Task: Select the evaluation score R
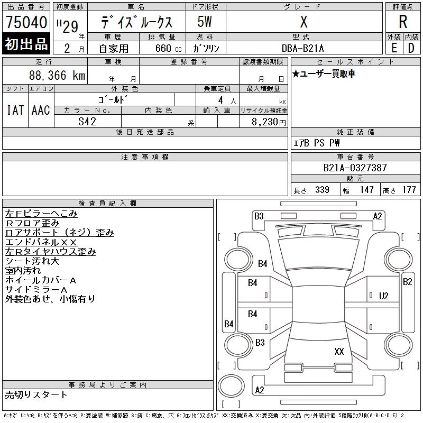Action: coord(403,22)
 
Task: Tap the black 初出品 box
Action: coord(26,44)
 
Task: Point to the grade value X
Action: coord(304,22)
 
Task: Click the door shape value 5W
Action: coord(205,22)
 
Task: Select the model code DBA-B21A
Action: coord(304,48)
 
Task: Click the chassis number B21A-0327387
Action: coord(355,168)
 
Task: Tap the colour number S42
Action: coord(87,121)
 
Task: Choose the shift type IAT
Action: coord(15,110)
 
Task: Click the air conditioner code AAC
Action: coord(41,110)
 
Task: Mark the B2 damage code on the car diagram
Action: coord(407,281)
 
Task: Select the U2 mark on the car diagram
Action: coord(384,296)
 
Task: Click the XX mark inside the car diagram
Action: coord(339,351)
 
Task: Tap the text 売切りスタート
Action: coord(36,394)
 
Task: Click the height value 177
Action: coord(409,190)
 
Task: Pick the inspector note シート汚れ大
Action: coord(32,261)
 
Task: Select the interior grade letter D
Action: coord(411,48)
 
